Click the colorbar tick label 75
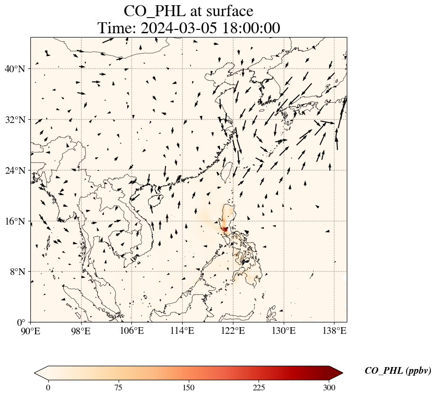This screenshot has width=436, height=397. tap(118, 388)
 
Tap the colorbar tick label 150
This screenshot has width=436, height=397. tap(188, 388)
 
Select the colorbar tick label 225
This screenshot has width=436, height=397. tap(259, 388)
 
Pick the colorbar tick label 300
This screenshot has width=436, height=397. tap(329, 388)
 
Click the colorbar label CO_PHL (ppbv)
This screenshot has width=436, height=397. tap(398, 371)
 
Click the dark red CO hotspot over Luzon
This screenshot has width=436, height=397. tap(225, 230)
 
